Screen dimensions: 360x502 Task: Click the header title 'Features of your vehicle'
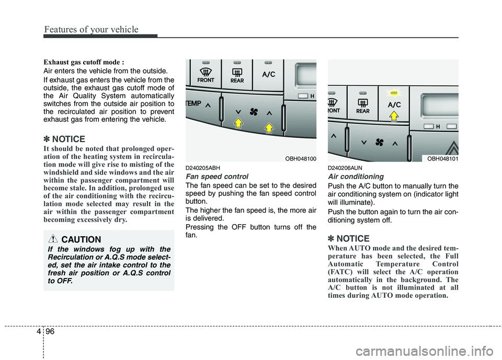coord(91,29)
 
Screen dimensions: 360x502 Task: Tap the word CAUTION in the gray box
coord(81,239)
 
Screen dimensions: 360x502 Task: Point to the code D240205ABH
coord(202,168)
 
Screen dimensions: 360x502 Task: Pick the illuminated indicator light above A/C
coord(394,92)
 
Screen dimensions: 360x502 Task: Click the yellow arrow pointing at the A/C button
coord(394,116)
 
